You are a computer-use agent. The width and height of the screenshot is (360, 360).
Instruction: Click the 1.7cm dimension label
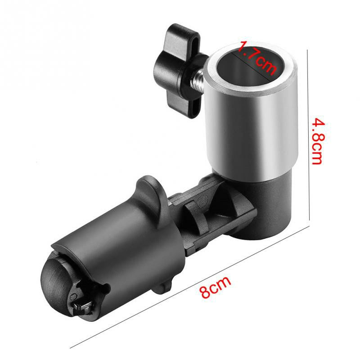257,57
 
